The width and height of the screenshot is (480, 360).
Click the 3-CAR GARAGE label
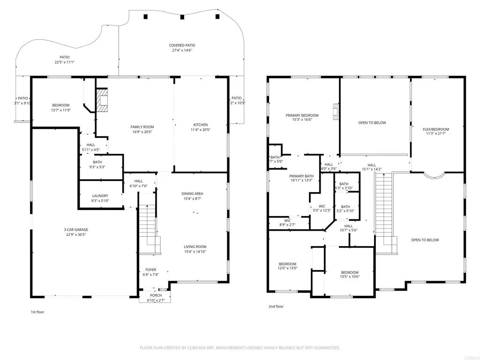coord(76,230)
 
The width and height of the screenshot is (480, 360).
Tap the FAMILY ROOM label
coord(142,127)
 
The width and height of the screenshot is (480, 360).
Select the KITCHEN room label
coord(201,125)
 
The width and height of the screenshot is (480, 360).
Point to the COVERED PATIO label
coord(181,45)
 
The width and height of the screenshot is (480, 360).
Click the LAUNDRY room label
coord(100,196)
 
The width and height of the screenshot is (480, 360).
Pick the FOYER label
coord(150,270)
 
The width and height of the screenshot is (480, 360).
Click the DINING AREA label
coord(192,194)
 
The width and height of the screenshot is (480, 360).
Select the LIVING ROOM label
coord(195,247)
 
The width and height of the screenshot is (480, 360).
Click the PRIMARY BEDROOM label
coord(302,115)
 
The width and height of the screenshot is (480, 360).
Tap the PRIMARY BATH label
coord(300,175)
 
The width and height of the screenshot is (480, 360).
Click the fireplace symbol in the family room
coord(102,100)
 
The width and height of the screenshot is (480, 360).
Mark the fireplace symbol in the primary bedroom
coord(335,112)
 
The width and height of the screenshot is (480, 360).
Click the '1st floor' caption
coord(37,312)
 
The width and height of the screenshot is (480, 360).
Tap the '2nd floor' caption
coord(276,307)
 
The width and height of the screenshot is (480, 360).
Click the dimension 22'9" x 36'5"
coord(76,235)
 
